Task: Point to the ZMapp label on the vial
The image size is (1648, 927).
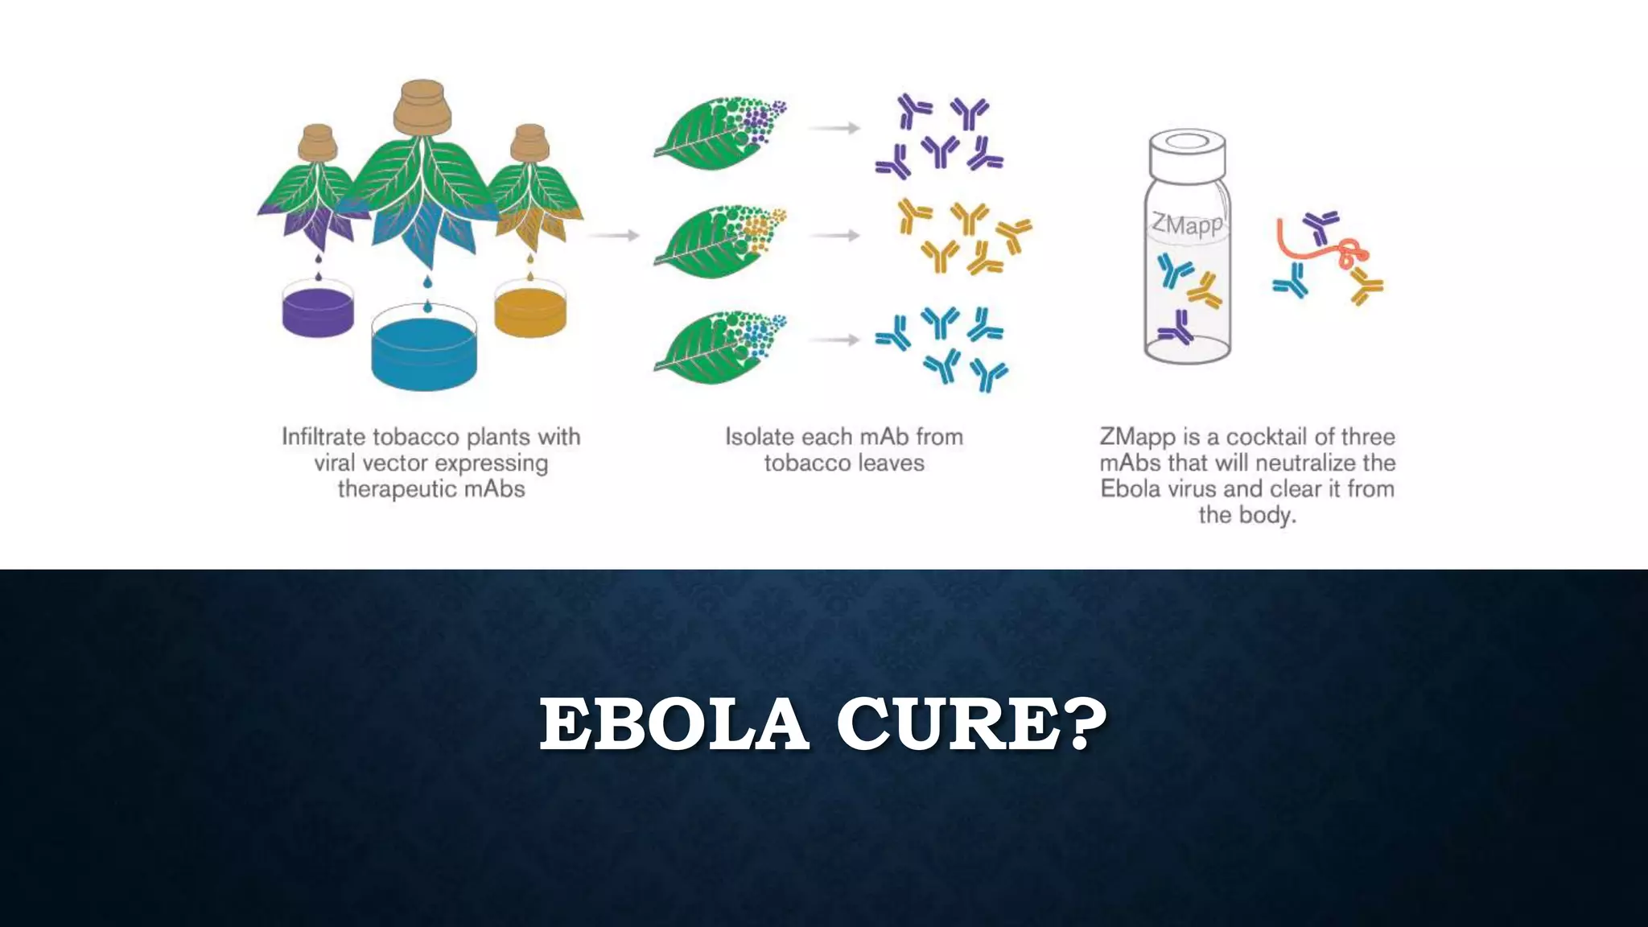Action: (1187, 223)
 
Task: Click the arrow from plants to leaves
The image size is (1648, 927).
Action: (613, 236)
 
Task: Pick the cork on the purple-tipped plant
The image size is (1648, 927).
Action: (318, 142)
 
